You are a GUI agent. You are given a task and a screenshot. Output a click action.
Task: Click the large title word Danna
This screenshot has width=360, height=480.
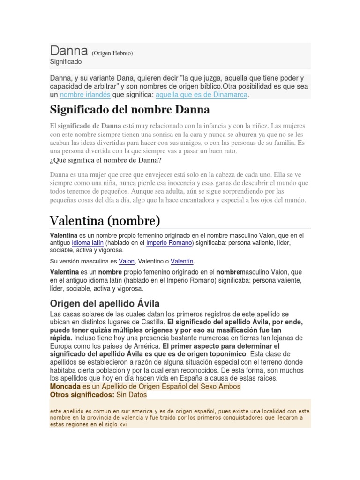(x=68, y=51)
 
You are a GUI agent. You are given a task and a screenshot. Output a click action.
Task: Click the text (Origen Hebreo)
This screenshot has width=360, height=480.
(x=112, y=53)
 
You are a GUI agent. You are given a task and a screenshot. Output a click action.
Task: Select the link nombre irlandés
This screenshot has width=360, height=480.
(x=85, y=95)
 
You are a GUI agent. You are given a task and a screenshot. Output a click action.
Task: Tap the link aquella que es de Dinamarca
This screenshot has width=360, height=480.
(x=201, y=95)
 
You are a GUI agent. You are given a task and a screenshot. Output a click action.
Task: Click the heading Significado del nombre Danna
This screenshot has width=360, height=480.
(x=130, y=110)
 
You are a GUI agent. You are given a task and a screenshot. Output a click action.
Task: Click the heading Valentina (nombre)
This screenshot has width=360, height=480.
(x=105, y=220)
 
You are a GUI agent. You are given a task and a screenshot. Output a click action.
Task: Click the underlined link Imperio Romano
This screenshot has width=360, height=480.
(x=169, y=243)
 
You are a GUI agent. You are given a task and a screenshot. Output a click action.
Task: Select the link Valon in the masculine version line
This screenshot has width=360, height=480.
(x=127, y=261)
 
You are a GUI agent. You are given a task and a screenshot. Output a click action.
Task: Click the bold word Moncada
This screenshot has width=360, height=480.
(x=65, y=386)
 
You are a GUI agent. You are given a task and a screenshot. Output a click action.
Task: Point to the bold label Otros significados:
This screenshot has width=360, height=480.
(x=82, y=395)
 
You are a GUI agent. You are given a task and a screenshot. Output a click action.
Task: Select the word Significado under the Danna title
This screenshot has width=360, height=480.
(x=66, y=62)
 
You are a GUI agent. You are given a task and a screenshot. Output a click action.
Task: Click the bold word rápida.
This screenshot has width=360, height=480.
(x=61, y=337)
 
